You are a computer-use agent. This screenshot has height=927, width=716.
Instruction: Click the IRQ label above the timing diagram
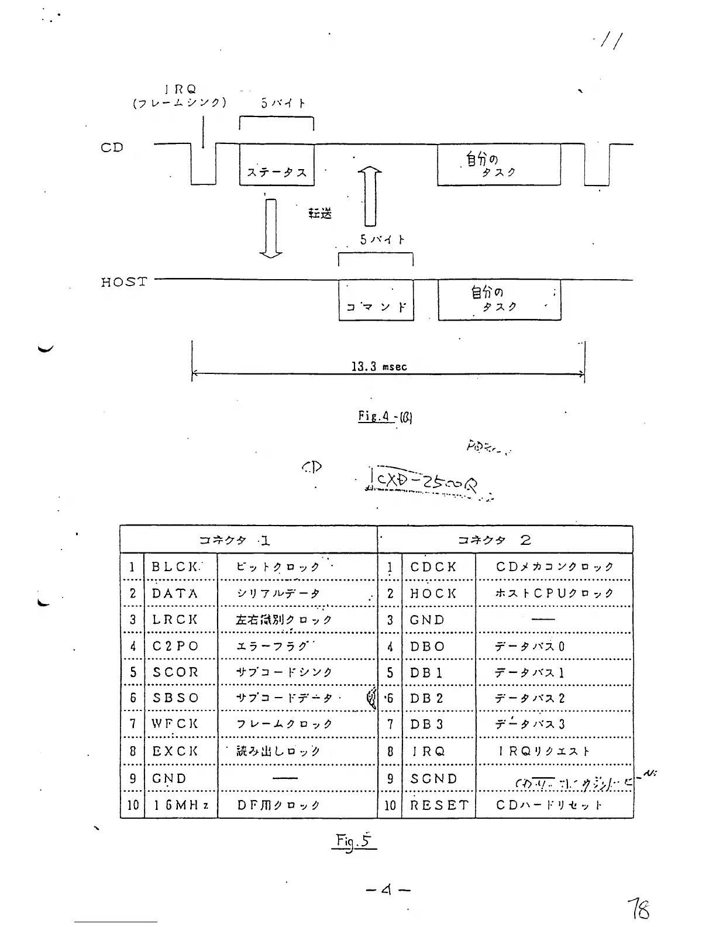[x=180, y=90]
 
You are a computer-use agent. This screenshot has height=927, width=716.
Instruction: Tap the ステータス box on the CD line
[x=277, y=166]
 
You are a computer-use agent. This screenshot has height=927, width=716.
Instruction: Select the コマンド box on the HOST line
[x=376, y=301]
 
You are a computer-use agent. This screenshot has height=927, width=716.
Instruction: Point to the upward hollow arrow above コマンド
[x=370, y=195]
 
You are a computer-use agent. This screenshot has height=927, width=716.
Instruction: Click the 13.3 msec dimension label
[x=378, y=367]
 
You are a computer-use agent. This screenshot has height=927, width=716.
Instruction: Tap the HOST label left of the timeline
[x=123, y=282]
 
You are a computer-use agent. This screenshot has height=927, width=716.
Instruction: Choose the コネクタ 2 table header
[x=494, y=540]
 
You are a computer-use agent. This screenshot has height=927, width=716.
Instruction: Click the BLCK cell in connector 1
[x=176, y=566]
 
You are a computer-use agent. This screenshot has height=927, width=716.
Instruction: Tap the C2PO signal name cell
[x=175, y=646]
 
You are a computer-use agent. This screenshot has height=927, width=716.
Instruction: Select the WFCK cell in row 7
[x=175, y=724]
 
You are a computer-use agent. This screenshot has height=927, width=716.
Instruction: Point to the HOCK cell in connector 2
[x=433, y=593]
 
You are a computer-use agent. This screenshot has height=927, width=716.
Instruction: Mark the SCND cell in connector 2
[x=433, y=779]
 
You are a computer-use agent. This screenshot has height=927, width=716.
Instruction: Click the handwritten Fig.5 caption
[x=353, y=842]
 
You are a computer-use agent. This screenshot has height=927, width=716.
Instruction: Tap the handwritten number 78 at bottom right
[x=638, y=909]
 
